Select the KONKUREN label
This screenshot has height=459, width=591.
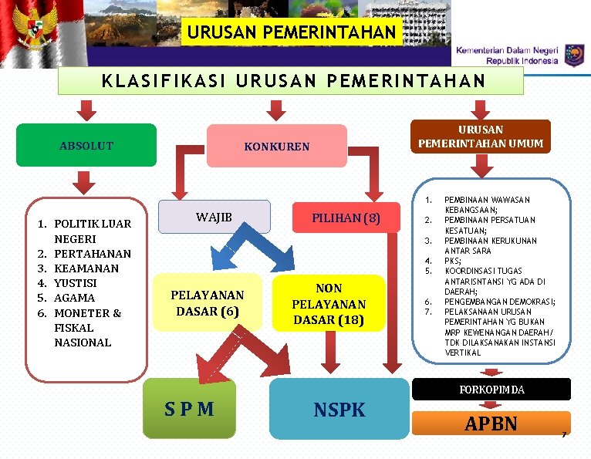point(276,146)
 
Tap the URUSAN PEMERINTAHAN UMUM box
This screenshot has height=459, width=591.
point(481,136)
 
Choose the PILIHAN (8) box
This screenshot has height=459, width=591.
point(346,218)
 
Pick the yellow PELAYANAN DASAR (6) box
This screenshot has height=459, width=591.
point(207,303)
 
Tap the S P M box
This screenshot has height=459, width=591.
point(189,408)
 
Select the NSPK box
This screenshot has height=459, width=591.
point(339,410)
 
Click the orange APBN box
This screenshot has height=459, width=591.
point(491,424)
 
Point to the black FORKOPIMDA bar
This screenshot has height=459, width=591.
point(491,390)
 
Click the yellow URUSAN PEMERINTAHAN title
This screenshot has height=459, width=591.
point(292,33)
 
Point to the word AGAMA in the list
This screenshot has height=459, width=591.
point(73,297)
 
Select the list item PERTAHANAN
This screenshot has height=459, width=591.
point(93,253)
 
